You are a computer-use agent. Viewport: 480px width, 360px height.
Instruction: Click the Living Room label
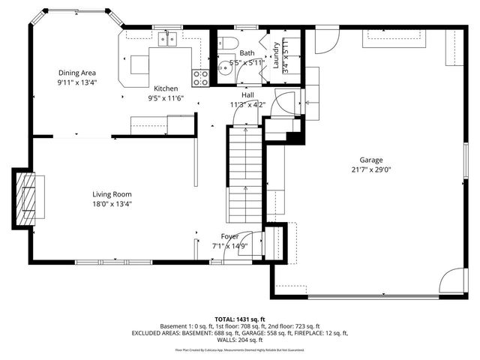click(112, 194)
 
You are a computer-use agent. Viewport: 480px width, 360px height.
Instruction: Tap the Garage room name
click(370, 160)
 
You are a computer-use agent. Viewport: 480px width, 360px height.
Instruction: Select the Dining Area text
click(78, 73)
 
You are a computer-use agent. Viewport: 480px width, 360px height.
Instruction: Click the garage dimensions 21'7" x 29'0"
click(370, 170)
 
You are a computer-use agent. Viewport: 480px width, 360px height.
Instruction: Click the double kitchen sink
click(166, 37)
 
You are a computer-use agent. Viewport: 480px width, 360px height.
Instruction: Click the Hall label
click(247, 95)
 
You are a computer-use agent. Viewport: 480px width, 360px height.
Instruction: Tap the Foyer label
click(229, 236)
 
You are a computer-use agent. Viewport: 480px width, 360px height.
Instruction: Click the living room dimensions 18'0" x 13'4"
click(112, 203)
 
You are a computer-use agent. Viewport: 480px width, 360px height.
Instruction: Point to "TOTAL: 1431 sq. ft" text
click(240, 319)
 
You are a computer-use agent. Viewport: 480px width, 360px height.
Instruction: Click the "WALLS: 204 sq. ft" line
click(240, 340)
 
